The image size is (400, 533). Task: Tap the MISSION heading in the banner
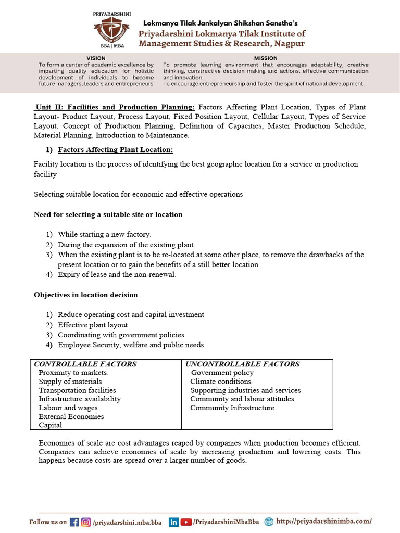tap(266, 58)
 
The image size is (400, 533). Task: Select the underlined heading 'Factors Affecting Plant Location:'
tap(115, 150)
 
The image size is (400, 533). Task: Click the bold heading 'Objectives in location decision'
tap(86, 295)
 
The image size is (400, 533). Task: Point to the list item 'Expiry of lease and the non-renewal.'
tap(117, 274)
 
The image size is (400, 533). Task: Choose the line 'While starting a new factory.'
tap(104, 234)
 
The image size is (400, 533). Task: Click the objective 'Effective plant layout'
tap(93, 325)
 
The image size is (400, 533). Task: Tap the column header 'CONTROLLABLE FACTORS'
tap(85, 364)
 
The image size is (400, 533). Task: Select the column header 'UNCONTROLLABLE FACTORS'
tap(243, 364)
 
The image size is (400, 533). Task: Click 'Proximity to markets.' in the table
tap(73, 373)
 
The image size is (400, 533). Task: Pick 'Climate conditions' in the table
tap(221, 382)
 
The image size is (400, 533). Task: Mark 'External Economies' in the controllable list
tap(71, 416)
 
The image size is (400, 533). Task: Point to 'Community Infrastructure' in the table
tap(232, 408)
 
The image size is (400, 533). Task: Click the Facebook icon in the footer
tap(74, 522)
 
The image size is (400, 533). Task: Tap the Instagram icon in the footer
tap(86, 522)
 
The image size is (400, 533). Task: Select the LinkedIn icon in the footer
tap(173, 522)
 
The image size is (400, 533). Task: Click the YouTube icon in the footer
tap(186, 522)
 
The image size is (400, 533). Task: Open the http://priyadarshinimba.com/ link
tap(324, 522)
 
